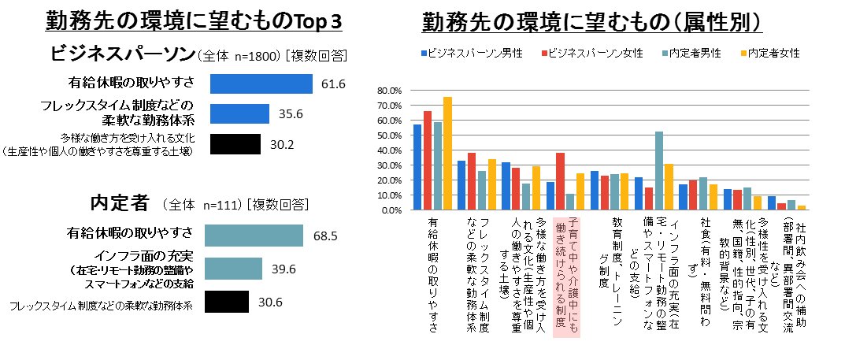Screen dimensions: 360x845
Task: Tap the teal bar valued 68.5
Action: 254,236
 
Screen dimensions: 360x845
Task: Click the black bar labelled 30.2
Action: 234,144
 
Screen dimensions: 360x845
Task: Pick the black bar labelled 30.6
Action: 227,302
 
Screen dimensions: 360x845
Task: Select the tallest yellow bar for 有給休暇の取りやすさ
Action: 447,154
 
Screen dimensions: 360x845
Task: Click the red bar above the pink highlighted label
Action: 560,182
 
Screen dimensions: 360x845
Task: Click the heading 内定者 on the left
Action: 119,202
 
